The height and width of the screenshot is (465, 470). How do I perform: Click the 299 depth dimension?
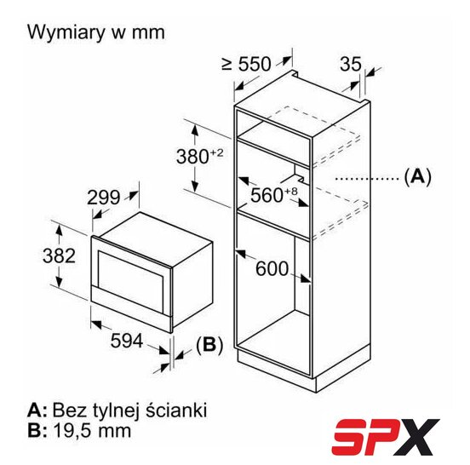click(x=103, y=198)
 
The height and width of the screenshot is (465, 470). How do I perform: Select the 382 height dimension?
click(x=59, y=255)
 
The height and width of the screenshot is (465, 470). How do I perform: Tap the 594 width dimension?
click(x=127, y=341)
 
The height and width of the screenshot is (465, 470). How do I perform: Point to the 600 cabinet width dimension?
click(x=272, y=268)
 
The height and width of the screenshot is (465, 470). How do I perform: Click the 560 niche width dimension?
click(x=267, y=195)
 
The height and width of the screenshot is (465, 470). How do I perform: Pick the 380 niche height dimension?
click(x=192, y=157)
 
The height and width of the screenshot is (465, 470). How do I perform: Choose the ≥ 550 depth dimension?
click(x=246, y=64)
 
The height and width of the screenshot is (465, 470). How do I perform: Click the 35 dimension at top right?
click(x=351, y=64)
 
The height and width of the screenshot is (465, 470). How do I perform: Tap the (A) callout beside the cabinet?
click(x=417, y=177)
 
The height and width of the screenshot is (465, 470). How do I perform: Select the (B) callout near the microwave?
click(x=209, y=345)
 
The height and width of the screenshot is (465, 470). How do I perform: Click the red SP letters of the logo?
click(x=363, y=436)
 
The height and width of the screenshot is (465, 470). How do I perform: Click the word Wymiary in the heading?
click(x=66, y=33)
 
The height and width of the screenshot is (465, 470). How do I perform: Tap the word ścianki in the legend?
click(x=176, y=410)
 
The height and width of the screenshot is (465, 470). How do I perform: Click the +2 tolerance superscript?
click(x=217, y=153)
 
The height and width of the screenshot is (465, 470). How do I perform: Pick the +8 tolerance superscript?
click(x=290, y=191)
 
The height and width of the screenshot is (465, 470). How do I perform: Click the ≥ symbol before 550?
click(x=227, y=64)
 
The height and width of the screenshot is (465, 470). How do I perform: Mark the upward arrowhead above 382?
click(x=59, y=230)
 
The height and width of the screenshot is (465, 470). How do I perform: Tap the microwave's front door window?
click(x=131, y=278)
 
